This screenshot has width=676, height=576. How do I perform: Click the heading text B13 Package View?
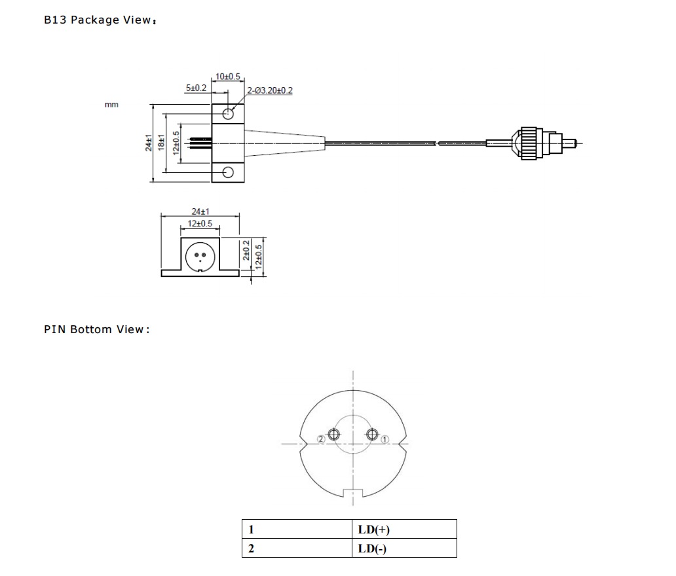pyautogui.click(x=100, y=20)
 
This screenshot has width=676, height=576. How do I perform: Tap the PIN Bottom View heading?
pyautogui.click(x=96, y=329)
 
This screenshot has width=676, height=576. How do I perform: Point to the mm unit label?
pyautogui.click(x=111, y=105)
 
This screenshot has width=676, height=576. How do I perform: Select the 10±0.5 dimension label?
pyautogui.click(x=227, y=77)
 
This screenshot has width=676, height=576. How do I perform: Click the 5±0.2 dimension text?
pyautogui.click(x=196, y=87)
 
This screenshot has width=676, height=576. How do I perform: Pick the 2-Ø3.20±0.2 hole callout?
pyautogui.click(x=270, y=90)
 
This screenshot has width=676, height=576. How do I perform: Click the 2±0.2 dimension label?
pyautogui.click(x=246, y=251)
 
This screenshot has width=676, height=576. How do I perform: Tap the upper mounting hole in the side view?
pyautogui.click(x=228, y=114)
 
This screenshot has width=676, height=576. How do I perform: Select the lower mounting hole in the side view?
pyautogui.click(x=228, y=172)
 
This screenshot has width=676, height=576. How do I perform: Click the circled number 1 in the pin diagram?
pyautogui.click(x=385, y=439)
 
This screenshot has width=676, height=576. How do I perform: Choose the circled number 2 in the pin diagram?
pyautogui.click(x=321, y=439)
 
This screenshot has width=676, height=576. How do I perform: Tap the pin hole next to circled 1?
pyautogui.click(x=373, y=434)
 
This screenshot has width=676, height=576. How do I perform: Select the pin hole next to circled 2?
pyautogui.click(x=333, y=435)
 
